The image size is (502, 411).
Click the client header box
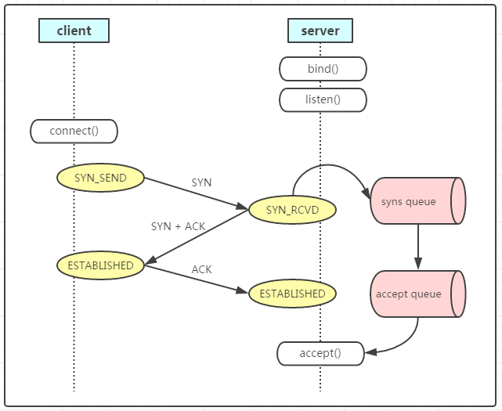pyautogui.click(x=74, y=31)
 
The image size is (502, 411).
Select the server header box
pyautogui.click(x=320, y=31)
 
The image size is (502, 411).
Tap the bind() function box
pyautogui.click(x=323, y=69)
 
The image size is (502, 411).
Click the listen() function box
pyautogui.click(x=323, y=99)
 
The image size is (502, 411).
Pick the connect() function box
pyautogui.click(x=74, y=131)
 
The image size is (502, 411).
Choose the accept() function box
pyautogui.click(x=320, y=353)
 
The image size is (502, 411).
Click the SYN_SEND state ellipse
pyautogui.click(x=101, y=178)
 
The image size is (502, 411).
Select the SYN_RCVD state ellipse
pyautogui.click(x=292, y=209)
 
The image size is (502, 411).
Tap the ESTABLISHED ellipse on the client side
pyautogui.click(x=101, y=265)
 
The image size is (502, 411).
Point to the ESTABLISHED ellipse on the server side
pyautogui.click(x=292, y=294)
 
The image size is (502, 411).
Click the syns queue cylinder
pyautogui.click(x=417, y=202)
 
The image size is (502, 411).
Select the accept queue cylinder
pyautogui.click(x=417, y=294)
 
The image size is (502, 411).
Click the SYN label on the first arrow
pyautogui.click(x=201, y=182)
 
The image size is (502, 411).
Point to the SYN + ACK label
pyautogui.click(x=178, y=226)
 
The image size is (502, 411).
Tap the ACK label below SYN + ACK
pyautogui.click(x=201, y=269)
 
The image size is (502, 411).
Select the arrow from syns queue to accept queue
pyautogui.click(x=418, y=247)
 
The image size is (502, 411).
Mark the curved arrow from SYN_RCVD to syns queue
pyautogui.click(x=329, y=167)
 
